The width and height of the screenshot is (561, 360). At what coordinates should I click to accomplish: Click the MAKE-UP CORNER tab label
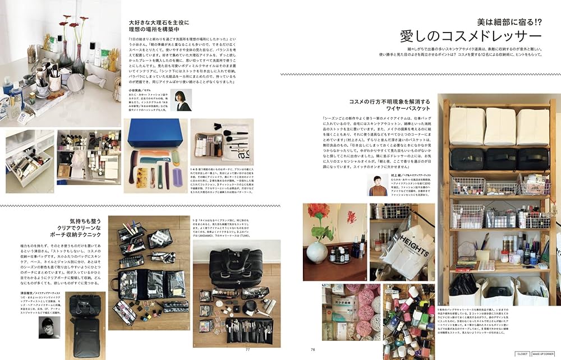[545, 354]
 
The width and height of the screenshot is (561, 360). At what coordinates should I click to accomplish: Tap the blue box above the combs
[154, 134]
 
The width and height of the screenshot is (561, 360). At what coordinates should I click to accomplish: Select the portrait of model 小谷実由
[181, 100]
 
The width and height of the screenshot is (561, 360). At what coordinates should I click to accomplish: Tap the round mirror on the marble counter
[75, 83]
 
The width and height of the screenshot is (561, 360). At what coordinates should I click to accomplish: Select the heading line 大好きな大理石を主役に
[159, 23]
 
